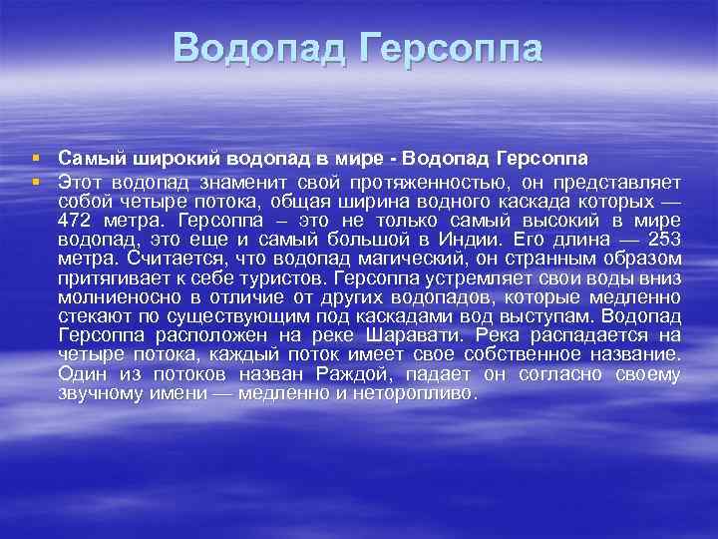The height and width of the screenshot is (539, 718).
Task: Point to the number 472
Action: pyautogui.click(x=78, y=220)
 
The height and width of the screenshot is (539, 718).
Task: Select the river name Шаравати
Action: pyautogui.click(x=423, y=335)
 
